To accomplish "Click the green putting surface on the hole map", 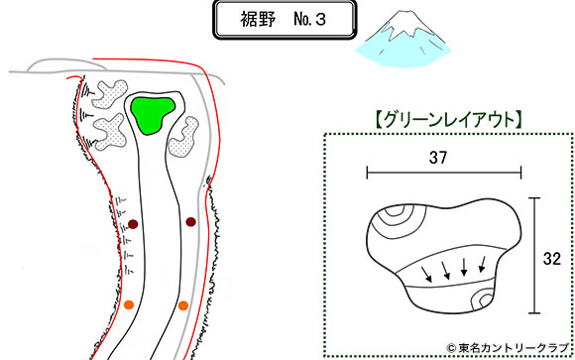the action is point(155,113).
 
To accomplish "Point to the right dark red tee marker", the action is point(190,222).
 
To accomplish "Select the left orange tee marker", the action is point(129,303).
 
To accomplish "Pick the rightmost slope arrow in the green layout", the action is point(482,263).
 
